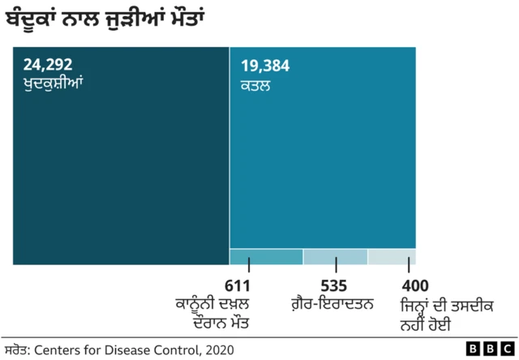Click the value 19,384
(x=265, y=66)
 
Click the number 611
(x=238, y=287)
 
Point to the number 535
(x=334, y=287)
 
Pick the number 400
(x=414, y=287)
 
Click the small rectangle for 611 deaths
(x=266, y=256)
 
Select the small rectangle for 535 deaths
(x=335, y=256)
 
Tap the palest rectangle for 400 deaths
(x=392, y=256)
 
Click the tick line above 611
(x=249, y=265)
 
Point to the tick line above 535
(x=335, y=265)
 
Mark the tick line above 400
(x=408, y=265)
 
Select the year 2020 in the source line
(x=219, y=349)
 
